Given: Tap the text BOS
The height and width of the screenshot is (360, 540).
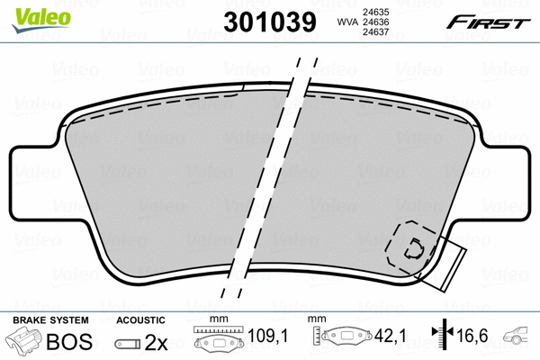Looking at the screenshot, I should [x=76, y=343].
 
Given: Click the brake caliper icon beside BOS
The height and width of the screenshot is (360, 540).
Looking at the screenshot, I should [x=25, y=342].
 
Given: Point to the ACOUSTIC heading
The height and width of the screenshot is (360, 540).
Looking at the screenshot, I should [x=140, y=320].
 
